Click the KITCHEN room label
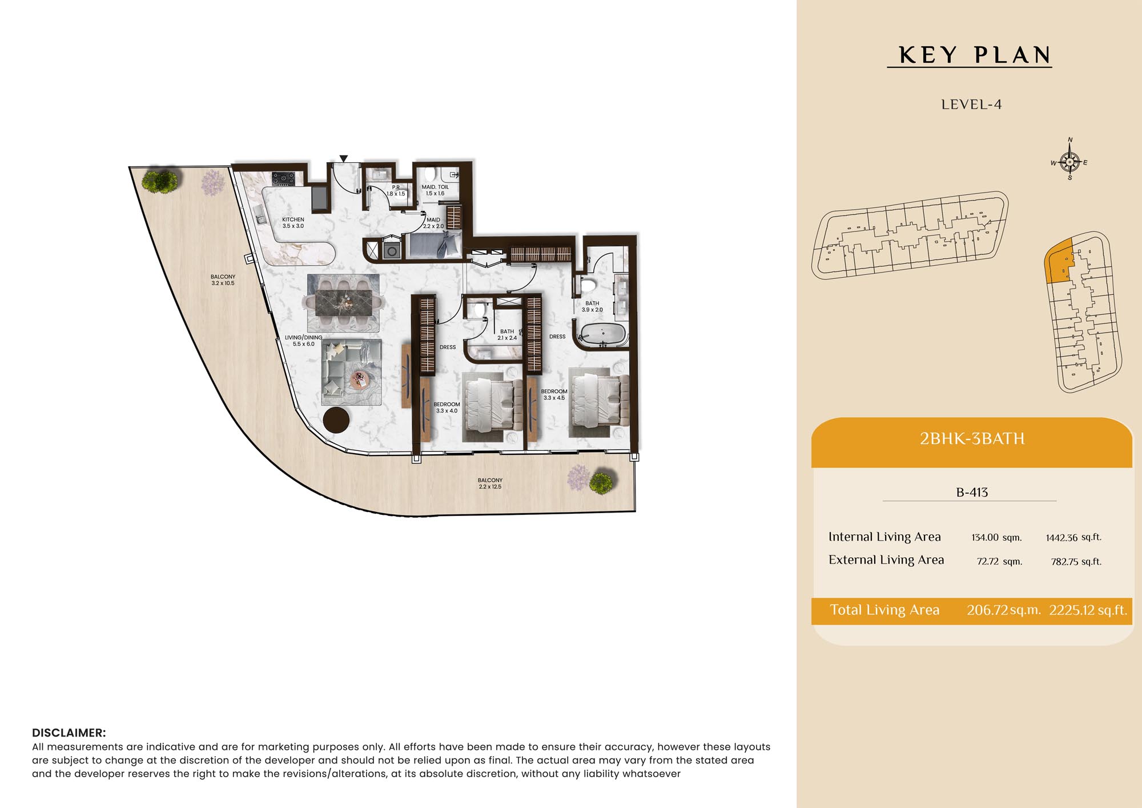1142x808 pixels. click(293, 223)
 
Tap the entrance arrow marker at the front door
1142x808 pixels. click(344, 159)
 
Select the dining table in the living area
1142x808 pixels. click(344, 302)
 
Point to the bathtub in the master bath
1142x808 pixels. click(602, 334)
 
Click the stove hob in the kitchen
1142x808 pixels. click(283, 179)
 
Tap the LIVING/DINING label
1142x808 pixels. click(303, 341)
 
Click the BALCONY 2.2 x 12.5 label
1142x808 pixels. click(490, 483)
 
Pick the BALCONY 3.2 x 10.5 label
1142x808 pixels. click(223, 280)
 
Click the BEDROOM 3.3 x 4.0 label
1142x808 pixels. click(447, 407)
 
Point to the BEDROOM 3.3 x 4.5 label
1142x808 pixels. click(554, 395)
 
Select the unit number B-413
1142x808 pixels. click(972, 492)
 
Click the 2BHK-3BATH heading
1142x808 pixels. click(972, 439)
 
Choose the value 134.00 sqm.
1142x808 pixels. click(996, 537)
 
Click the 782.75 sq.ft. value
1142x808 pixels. click(1076, 562)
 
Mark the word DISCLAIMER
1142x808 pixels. click(69, 733)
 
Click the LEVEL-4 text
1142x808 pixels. click(971, 105)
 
